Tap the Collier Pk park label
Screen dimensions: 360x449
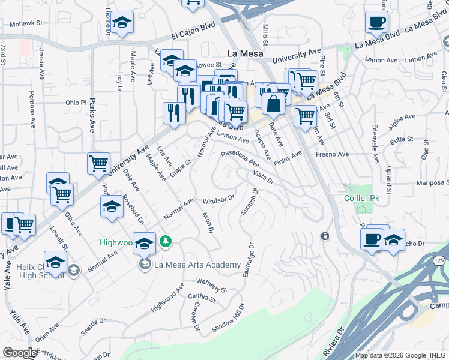(x=359, y=199)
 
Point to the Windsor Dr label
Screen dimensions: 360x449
(x=217, y=199)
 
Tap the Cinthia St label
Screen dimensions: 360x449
(x=202, y=298)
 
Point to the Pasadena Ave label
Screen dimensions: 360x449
(x=240, y=158)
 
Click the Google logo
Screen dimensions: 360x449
(x=20, y=352)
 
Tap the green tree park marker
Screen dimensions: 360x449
(x=166, y=242)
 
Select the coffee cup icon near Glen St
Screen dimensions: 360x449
(x=377, y=23)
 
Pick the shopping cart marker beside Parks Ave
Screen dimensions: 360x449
(x=98, y=163)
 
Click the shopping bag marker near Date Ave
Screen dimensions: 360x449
(x=273, y=103)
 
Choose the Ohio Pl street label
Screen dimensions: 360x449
(x=76, y=102)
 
